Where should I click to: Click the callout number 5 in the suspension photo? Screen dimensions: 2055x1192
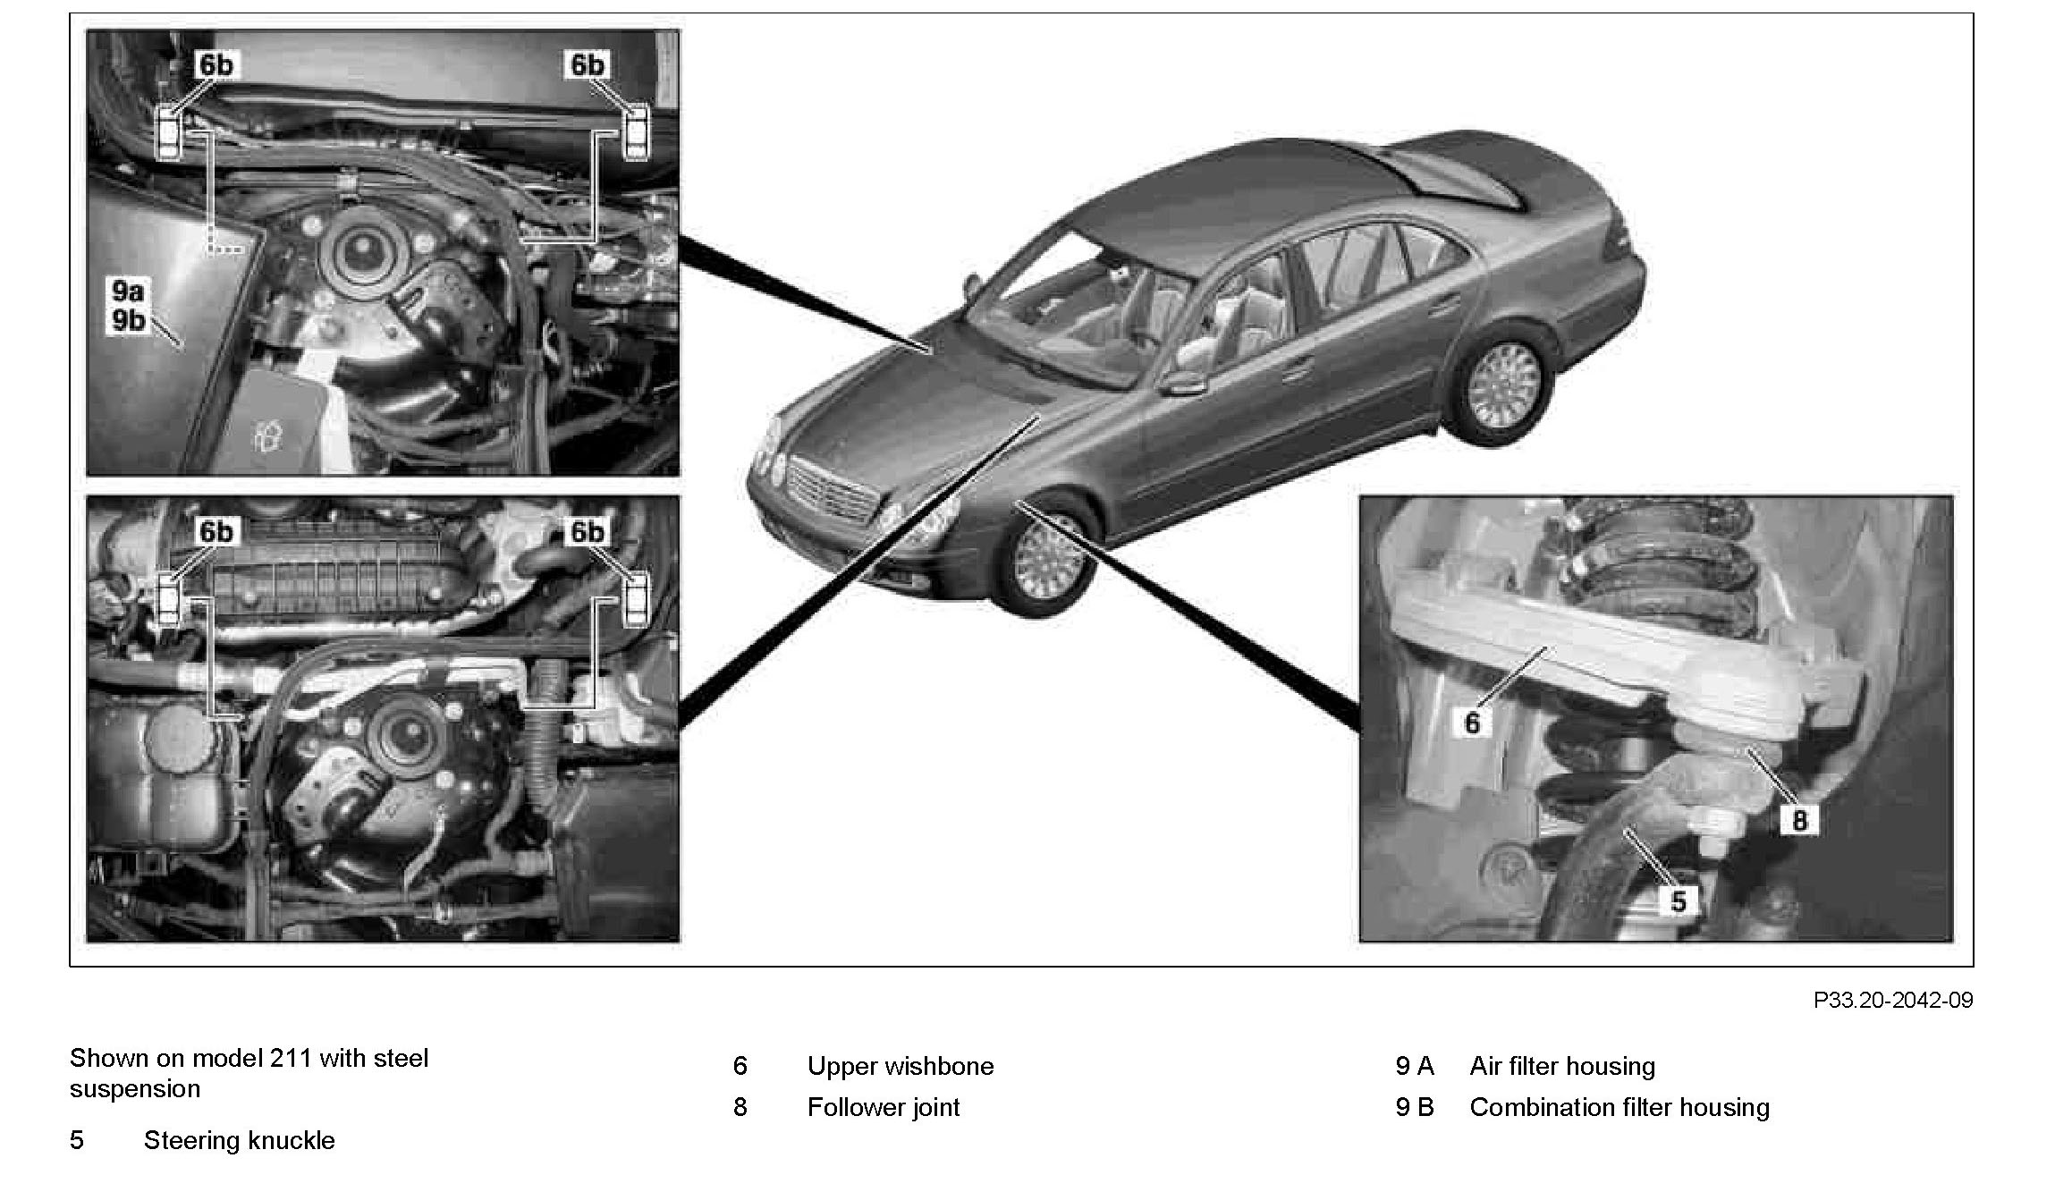tap(1678, 900)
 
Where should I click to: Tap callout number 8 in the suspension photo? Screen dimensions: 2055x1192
tap(1798, 820)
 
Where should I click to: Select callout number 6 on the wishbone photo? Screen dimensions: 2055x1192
tap(1472, 721)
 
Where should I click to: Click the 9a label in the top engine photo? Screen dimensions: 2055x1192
tap(128, 291)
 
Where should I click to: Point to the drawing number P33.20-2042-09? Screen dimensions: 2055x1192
tap(1892, 1000)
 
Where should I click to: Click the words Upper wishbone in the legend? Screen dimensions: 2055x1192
tap(900, 1066)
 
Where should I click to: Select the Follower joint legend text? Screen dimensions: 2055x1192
tap(883, 1107)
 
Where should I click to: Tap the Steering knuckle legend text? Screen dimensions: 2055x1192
tap(239, 1140)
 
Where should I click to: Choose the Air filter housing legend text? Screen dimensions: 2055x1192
tap(1561, 1066)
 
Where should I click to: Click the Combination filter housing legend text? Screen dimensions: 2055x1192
tap(1619, 1107)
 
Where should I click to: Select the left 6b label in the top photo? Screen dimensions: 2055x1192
tap(216, 65)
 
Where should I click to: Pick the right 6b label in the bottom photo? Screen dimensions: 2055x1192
tap(588, 532)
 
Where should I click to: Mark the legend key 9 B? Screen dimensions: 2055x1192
tap(1414, 1107)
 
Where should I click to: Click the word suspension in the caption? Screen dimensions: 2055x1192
tap(135, 1089)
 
